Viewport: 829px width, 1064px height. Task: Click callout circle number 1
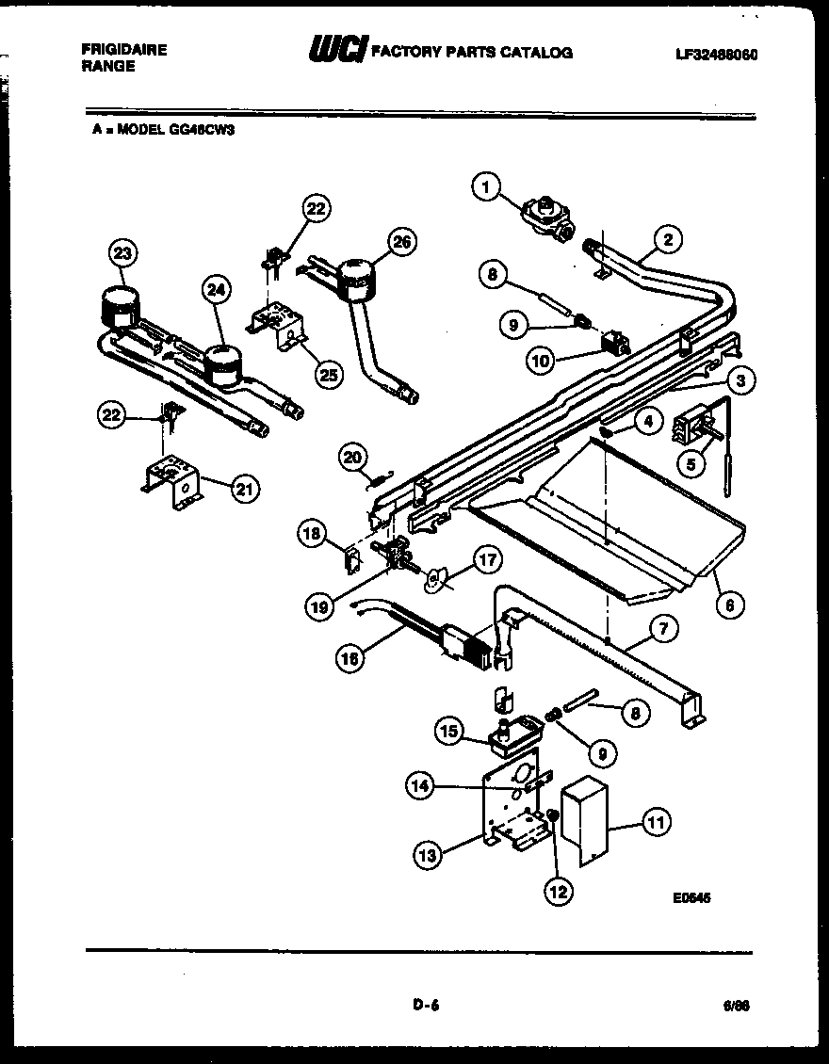tap(486, 188)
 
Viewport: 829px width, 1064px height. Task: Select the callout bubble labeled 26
tap(401, 243)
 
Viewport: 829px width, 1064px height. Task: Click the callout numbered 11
tap(657, 823)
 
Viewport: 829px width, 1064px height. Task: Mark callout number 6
tap(729, 605)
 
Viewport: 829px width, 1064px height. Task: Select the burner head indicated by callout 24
tap(222, 363)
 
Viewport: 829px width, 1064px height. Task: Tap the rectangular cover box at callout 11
tap(583, 820)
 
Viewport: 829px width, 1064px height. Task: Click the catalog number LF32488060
tap(717, 55)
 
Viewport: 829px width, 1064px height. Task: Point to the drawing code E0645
tap(691, 899)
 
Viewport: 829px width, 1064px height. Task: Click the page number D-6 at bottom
tap(426, 1005)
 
